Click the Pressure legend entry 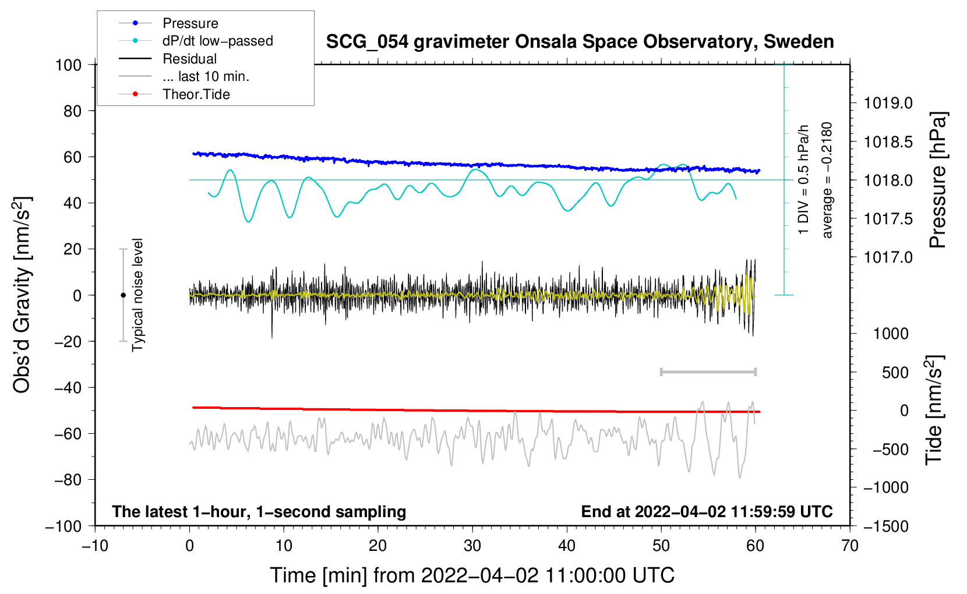(190, 23)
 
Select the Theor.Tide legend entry (196, 94)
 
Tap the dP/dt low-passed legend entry (217, 41)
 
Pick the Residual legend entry (189, 59)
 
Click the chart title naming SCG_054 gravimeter (580, 42)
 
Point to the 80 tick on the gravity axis (72, 111)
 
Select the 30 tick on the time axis (472, 546)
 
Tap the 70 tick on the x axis (850, 546)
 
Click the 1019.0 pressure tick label (888, 104)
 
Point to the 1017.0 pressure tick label (888, 257)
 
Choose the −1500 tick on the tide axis (885, 526)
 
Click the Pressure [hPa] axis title (938, 181)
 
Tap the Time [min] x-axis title (472, 575)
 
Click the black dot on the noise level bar (123, 295)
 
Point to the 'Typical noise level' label (137, 295)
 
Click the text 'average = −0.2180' (827, 181)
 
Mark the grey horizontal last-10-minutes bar (708, 372)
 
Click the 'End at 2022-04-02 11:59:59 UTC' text (707, 512)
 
